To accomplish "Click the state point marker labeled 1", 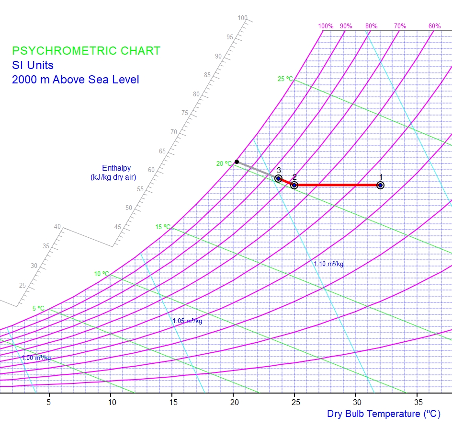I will click(x=380, y=185).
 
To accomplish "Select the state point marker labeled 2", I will click(x=294, y=185).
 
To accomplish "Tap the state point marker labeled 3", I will click(x=278, y=179).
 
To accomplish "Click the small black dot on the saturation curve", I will click(x=237, y=162).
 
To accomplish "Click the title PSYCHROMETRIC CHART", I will click(x=86, y=51).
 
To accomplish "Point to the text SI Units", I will click(x=33, y=65).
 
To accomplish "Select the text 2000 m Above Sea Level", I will click(x=76, y=80).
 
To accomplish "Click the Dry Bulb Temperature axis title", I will click(x=384, y=414).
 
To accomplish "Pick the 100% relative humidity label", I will click(x=326, y=26).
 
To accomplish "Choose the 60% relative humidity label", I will click(x=434, y=26).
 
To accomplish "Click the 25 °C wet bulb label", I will click(x=285, y=79).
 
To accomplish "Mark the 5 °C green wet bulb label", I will click(x=39, y=308).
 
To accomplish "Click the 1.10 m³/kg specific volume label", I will click(x=328, y=264).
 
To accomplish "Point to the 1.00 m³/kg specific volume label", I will click(x=36, y=358).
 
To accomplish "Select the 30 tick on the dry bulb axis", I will click(x=356, y=402).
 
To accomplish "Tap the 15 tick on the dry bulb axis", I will click(x=172, y=402).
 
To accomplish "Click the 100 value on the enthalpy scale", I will click(x=243, y=18).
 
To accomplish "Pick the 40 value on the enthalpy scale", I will click(x=57, y=227).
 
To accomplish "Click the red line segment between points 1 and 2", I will click(x=338, y=185).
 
